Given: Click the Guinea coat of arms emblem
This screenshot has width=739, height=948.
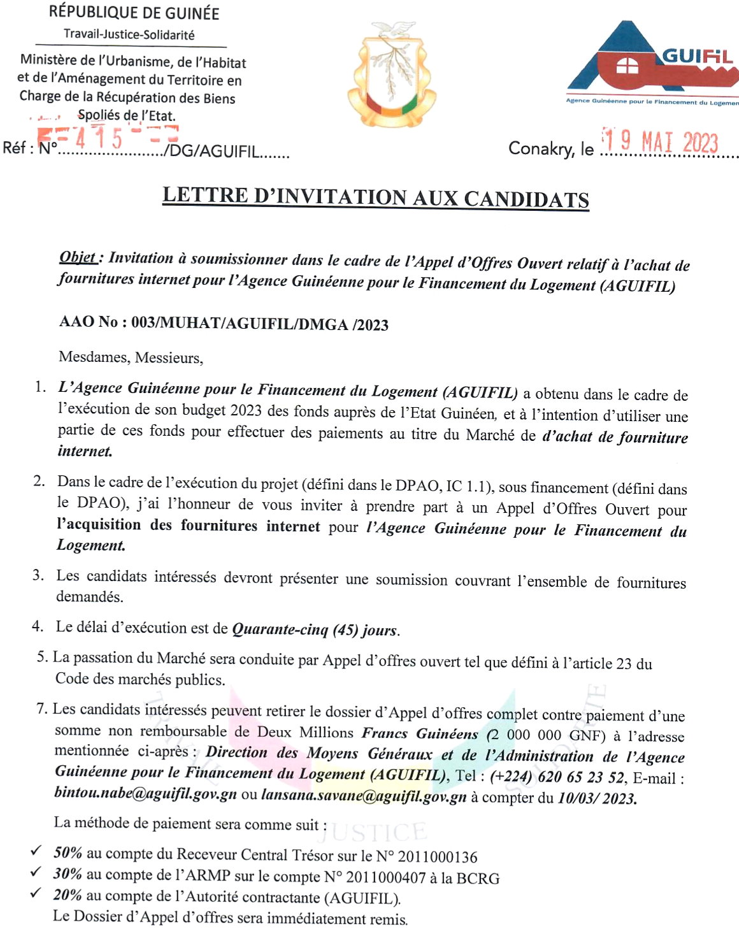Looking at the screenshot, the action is (x=391, y=74).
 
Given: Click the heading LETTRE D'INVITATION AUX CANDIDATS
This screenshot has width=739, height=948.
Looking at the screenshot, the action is (x=375, y=197).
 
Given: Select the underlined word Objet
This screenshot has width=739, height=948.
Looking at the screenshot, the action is (x=78, y=257).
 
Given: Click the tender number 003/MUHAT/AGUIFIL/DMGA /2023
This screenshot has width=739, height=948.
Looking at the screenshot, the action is (x=260, y=324).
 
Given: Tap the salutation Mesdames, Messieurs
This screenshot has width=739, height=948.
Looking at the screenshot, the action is (x=131, y=357).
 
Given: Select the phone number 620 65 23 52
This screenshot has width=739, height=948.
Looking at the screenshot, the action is (x=581, y=777).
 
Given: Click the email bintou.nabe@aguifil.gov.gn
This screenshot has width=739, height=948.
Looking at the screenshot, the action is (x=146, y=794).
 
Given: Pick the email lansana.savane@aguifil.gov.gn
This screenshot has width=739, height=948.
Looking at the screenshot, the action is (x=364, y=796).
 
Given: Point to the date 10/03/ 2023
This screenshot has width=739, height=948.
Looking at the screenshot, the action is (x=597, y=798).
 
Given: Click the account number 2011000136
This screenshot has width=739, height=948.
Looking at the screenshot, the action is (x=437, y=858).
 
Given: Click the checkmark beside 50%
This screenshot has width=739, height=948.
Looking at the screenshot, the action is (x=37, y=851).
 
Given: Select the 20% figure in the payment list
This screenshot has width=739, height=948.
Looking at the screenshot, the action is (x=68, y=894).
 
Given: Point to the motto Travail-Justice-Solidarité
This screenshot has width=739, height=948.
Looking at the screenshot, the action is (x=129, y=34).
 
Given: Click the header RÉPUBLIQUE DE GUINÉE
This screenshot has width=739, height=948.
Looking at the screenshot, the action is (x=134, y=12).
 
